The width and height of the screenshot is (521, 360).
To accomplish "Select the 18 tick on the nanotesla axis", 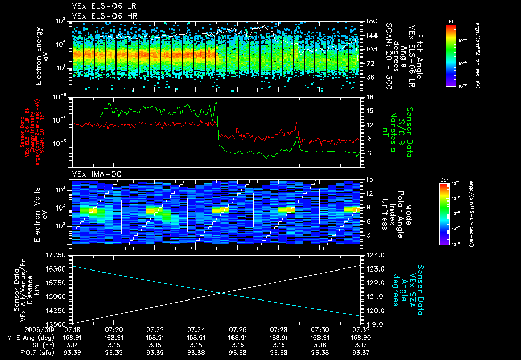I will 370,97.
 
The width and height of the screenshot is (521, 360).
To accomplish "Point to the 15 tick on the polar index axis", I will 370,179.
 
